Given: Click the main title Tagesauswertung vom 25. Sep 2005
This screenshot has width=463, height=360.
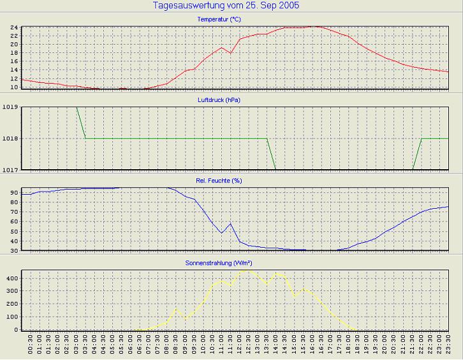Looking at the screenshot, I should click(x=226, y=6).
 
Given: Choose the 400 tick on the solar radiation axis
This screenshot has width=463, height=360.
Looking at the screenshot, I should click(x=10, y=278).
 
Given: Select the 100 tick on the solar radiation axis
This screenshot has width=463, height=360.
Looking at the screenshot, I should click(x=10, y=317).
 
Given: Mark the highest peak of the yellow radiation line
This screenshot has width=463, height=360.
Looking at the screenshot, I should click(x=247, y=270).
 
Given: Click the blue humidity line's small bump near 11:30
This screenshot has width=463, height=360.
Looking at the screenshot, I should click(x=231, y=223).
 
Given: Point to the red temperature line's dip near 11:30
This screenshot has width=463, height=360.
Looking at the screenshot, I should click(x=231, y=53).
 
